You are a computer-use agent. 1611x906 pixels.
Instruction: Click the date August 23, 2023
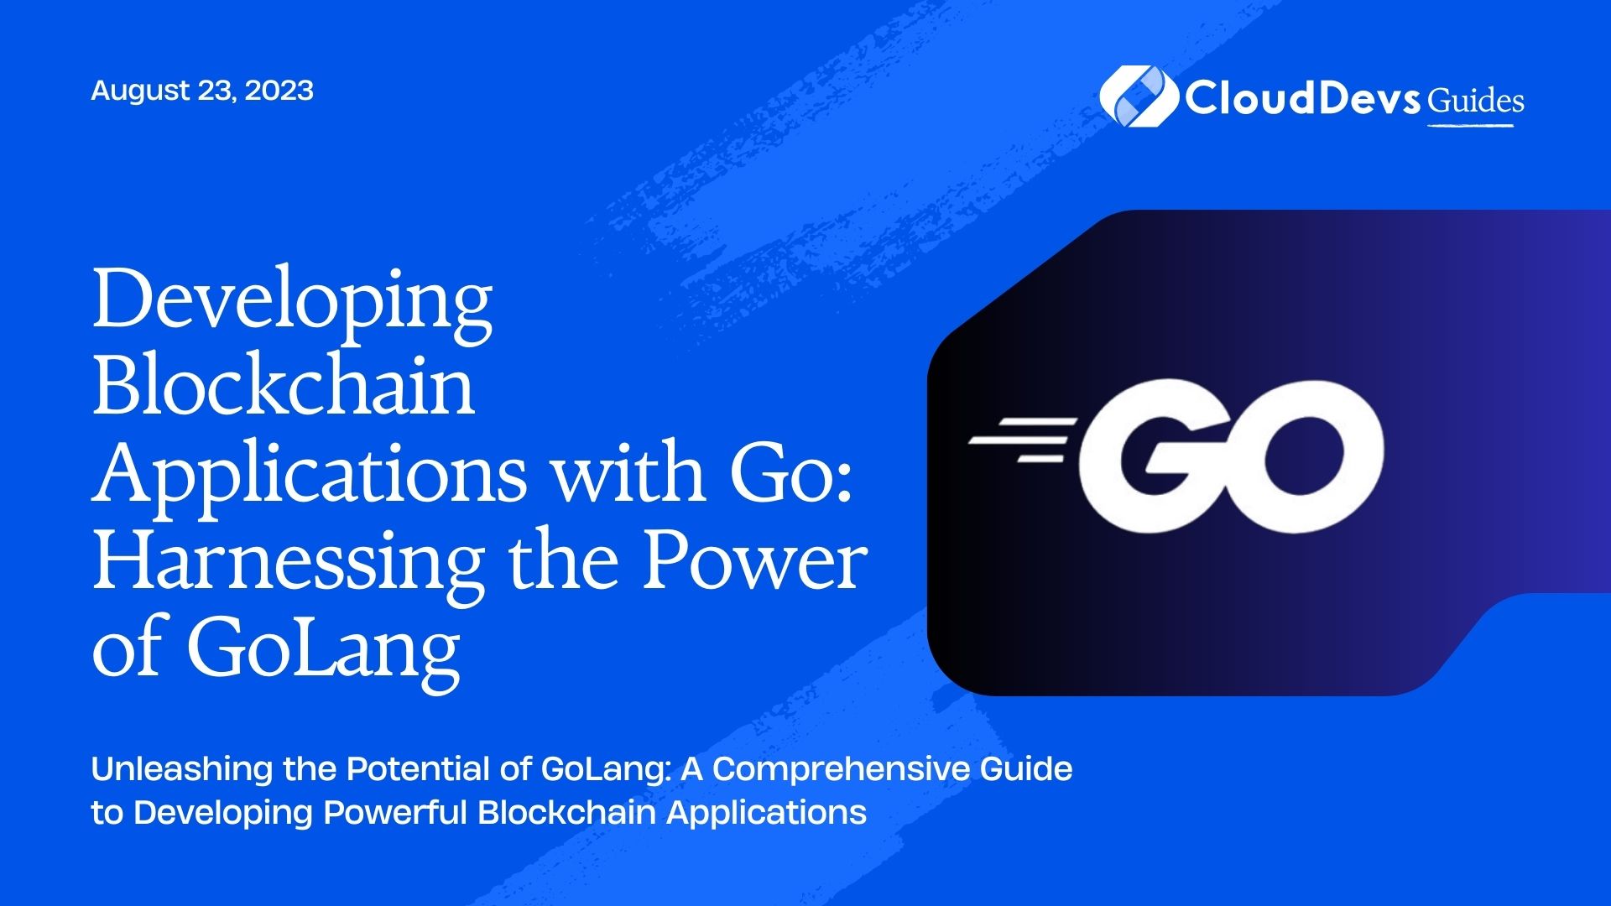point(202,91)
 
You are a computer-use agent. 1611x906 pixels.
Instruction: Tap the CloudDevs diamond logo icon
point(1137,96)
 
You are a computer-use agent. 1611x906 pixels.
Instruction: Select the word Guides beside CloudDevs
point(1476,101)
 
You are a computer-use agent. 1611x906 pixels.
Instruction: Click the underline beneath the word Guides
point(1471,126)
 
